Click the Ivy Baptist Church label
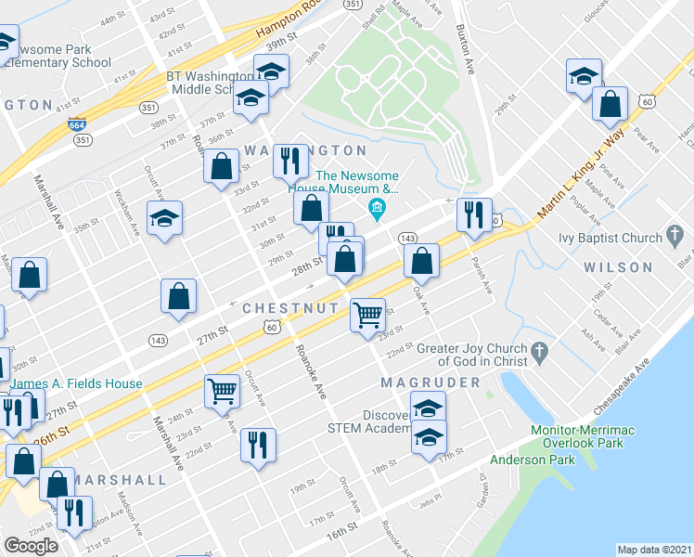610,238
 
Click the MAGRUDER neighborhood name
431,382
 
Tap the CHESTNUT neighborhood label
285,307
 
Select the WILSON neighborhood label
619,267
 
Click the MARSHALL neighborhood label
122,480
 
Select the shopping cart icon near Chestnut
367,315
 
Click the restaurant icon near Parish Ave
474,214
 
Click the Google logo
31,546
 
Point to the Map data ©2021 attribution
655,550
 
